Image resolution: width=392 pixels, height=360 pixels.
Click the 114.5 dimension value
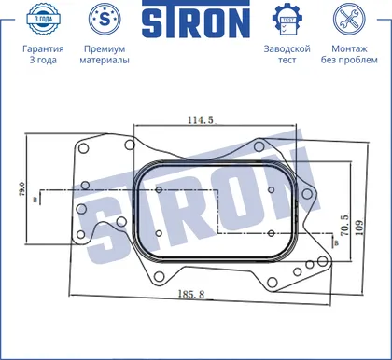pos(201,119)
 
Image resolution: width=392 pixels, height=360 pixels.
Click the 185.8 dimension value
pos(191,294)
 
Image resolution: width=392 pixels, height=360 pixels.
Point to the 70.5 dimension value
pos(344,226)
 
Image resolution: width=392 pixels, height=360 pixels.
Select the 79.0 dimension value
pos(21,188)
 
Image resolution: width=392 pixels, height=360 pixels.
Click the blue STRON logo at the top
pos(196,20)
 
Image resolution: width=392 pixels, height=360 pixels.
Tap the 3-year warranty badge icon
pos(43,19)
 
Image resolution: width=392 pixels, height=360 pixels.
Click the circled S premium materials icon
pos(105,19)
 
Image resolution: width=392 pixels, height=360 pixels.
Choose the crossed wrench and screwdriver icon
pos(349,19)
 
